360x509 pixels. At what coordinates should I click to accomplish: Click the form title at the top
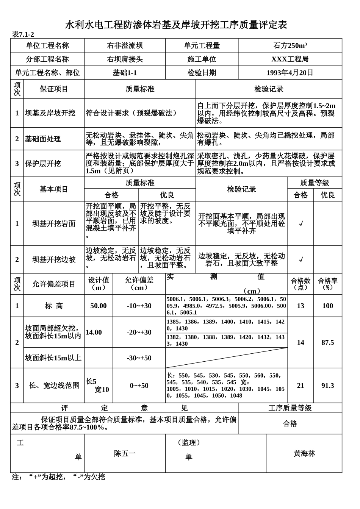coord(176,25)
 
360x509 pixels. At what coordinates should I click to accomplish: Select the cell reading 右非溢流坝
coord(125,46)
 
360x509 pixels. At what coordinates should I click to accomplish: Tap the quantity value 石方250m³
coord(290,46)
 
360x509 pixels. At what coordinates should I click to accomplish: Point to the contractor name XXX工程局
coord(290,59)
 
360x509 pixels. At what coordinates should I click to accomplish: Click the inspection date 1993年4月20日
coord(290,73)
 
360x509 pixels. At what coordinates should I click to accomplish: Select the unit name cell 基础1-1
coord(125,73)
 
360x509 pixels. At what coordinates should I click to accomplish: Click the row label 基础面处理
coord(43,139)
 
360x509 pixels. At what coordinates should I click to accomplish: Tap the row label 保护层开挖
coord(43,164)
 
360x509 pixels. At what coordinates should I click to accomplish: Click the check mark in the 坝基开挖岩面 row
coord(301,224)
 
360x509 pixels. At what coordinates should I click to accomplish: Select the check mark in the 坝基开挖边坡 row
coord(301,260)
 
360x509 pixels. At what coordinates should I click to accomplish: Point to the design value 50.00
coord(99,306)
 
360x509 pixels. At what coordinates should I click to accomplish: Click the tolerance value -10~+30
coord(139,306)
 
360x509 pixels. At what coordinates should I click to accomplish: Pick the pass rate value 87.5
coord(327,342)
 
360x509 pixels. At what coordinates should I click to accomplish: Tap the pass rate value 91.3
coord(327,386)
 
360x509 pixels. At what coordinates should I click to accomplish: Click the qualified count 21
coord(301,386)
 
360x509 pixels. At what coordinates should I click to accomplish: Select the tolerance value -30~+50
coord(139,358)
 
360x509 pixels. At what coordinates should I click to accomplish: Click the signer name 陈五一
coord(125,453)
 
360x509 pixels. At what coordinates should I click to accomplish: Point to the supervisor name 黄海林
coord(304,453)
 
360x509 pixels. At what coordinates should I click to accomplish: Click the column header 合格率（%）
coord(327,284)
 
